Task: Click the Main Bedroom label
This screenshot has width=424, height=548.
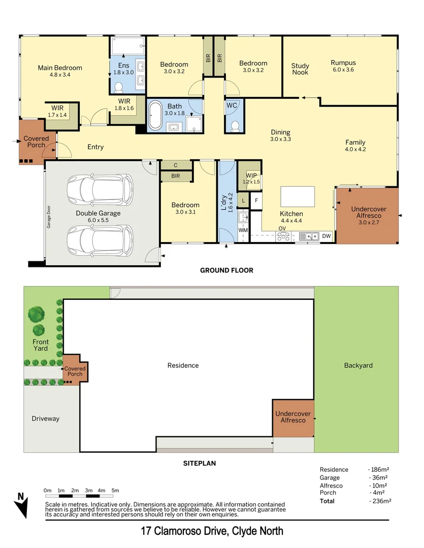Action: click(60, 68)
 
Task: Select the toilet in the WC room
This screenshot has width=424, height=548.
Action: click(235, 124)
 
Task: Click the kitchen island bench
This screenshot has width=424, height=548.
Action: click(297, 196)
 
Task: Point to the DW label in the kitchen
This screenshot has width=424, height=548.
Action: click(326, 236)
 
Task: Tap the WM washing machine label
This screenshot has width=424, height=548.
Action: click(243, 230)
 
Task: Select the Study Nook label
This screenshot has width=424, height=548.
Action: click(300, 69)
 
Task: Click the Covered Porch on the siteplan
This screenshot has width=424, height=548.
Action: click(75, 371)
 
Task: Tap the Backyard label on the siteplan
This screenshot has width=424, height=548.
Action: click(358, 365)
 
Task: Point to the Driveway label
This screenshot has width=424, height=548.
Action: click(46, 419)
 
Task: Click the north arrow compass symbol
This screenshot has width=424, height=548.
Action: click(21, 504)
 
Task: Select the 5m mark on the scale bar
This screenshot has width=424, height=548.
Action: click(115, 491)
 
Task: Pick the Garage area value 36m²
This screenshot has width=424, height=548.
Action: click(378, 477)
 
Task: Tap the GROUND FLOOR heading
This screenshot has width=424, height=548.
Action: click(226, 270)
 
